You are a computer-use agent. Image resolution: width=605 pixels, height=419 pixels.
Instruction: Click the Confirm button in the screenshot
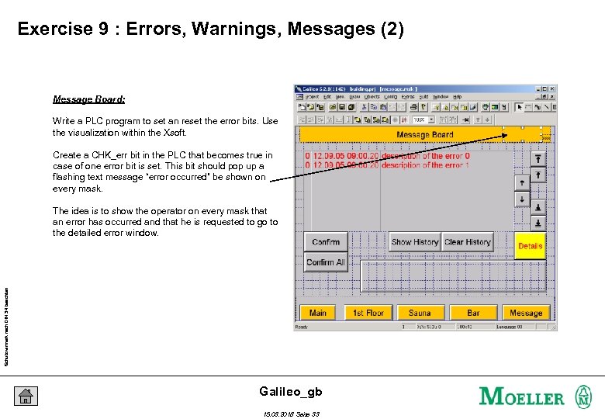(x=326, y=242)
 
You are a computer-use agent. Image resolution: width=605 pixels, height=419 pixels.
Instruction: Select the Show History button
(x=415, y=242)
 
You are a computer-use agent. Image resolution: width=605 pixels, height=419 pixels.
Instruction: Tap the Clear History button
(x=468, y=242)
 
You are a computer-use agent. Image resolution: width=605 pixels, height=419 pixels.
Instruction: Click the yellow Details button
(x=531, y=246)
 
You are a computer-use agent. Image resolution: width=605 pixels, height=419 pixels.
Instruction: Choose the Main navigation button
(x=318, y=313)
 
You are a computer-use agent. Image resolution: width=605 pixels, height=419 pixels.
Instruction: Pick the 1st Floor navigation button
(x=368, y=313)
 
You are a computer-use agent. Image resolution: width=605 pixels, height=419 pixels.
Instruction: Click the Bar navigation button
(x=473, y=313)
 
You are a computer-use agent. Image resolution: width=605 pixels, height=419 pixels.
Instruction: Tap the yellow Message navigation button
(x=526, y=313)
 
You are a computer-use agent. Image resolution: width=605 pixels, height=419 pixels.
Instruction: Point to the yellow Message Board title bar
(x=424, y=134)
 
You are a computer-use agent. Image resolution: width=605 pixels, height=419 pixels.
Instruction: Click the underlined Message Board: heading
(x=88, y=99)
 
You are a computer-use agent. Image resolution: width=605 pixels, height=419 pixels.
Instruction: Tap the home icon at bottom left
(x=26, y=396)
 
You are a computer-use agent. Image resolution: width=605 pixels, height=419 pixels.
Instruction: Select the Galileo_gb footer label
(x=291, y=391)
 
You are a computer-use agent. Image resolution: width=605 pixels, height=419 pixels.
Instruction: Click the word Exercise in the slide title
(x=57, y=30)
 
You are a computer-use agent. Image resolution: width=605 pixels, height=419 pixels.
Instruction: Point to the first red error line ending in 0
(x=388, y=156)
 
